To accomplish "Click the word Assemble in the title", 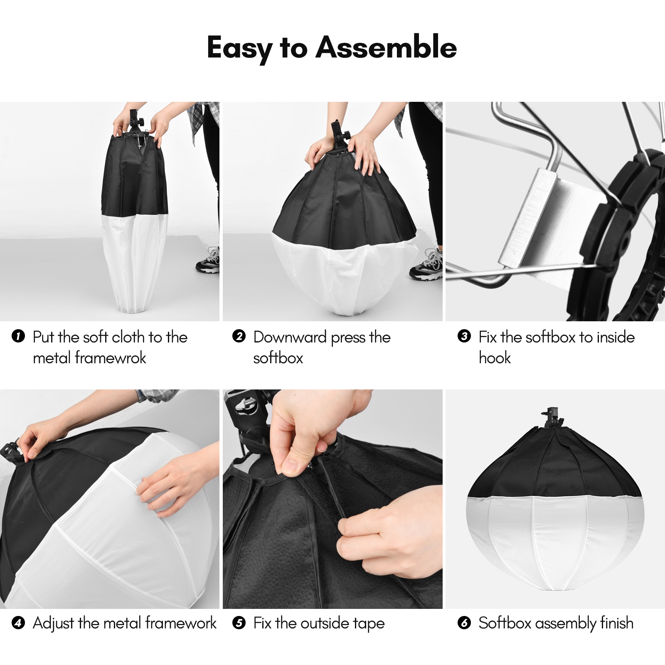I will [x=386, y=47].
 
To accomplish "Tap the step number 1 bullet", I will [x=18, y=336].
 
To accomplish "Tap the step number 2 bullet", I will [x=239, y=336].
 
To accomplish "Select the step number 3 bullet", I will [x=464, y=336].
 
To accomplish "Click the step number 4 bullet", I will [x=18, y=623].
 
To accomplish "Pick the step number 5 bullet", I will [x=239, y=623].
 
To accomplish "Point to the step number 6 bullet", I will [x=464, y=623].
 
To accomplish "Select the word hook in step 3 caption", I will [x=495, y=358].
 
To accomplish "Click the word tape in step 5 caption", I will [x=369, y=623].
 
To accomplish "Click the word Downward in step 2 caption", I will [x=290, y=337].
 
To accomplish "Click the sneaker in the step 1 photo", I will [x=208, y=262].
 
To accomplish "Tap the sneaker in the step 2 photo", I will [x=426, y=266].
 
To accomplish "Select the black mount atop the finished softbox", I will [x=552, y=418].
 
